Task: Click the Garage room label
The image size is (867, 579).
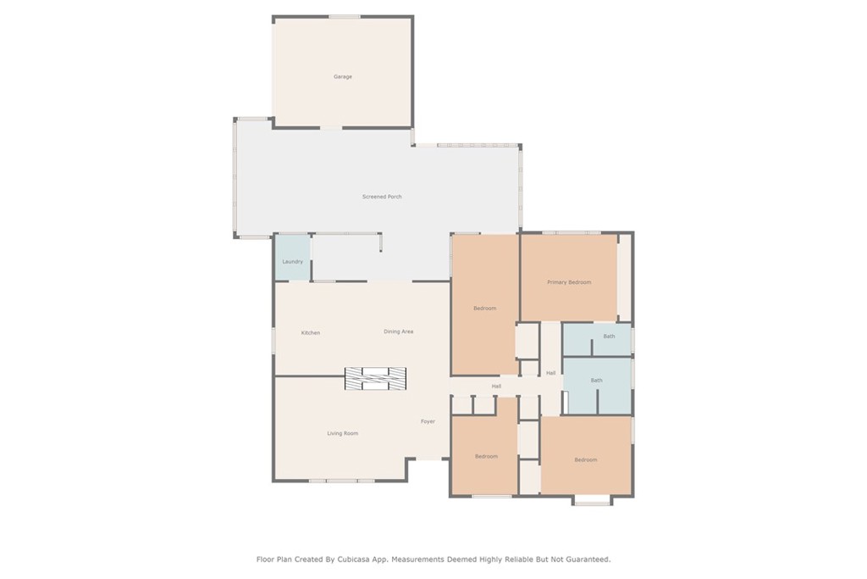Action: pos(343,77)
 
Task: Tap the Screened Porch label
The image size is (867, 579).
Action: pos(382,197)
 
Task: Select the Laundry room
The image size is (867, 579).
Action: pos(292,258)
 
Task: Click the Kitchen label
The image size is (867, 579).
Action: pos(311,332)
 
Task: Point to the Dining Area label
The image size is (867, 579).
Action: pos(399,331)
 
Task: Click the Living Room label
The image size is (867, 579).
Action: pos(343,433)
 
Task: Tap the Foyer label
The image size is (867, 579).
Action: pos(428,421)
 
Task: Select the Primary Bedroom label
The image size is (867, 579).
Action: pos(569,282)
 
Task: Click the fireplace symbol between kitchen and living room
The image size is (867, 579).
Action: pos(375,379)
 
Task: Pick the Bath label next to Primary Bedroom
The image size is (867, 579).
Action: pos(609,336)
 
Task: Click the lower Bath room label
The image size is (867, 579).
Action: pos(597,381)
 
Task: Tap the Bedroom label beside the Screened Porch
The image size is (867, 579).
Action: pos(485,309)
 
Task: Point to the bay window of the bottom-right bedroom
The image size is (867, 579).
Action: pos(592,501)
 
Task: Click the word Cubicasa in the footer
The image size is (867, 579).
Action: pos(354,560)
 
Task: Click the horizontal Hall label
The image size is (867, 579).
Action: pos(496,387)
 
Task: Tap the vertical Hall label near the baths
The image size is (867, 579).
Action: pos(550,373)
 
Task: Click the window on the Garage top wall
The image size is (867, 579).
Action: pos(345,17)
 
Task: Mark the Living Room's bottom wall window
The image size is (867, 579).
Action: pos(342,481)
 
